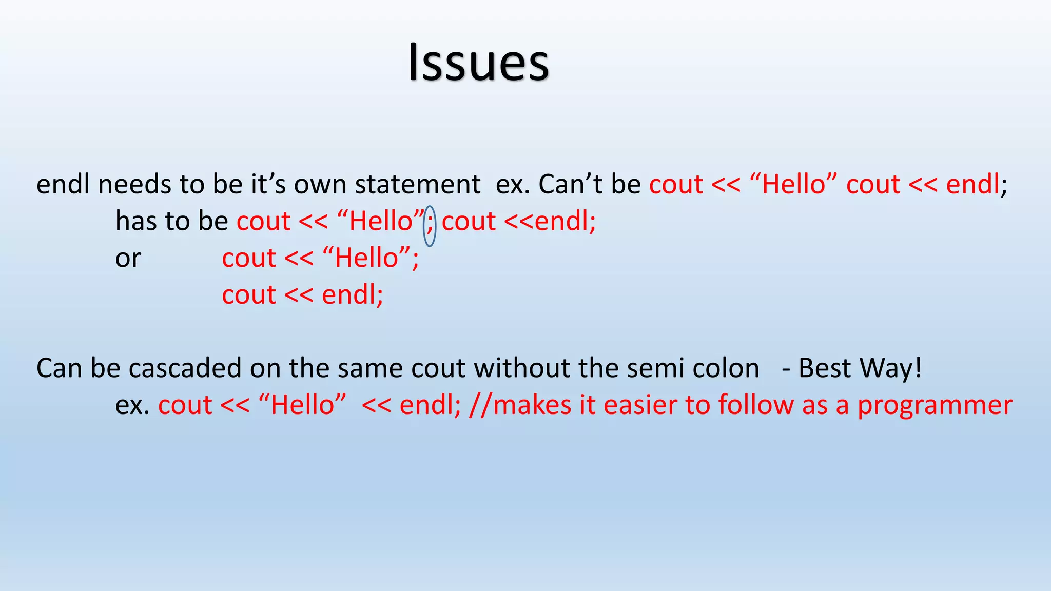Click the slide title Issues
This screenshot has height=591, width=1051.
478,63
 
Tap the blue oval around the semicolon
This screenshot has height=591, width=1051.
430,226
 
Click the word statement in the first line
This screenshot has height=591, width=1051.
417,184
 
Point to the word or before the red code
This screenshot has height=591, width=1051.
128,258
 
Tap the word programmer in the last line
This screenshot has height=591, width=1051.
935,405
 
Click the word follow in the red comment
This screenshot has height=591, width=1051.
756,405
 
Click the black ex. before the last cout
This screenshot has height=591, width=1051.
132,405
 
